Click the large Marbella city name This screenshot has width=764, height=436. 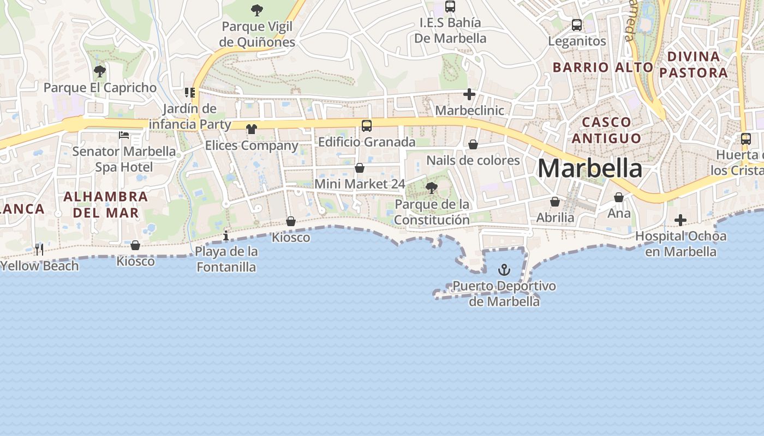click(x=590, y=168)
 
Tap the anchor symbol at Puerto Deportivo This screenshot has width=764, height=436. click(x=504, y=270)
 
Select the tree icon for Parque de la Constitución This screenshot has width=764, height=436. click(x=432, y=189)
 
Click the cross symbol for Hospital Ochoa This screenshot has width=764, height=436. click(x=680, y=220)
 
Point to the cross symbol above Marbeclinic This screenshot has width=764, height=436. click(x=469, y=94)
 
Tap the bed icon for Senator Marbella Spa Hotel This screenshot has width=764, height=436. click(x=124, y=135)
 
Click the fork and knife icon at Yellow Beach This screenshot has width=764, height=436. click(x=39, y=250)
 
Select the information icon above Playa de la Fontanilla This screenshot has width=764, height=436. click(x=226, y=235)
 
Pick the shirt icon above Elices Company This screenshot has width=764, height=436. click(x=251, y=129)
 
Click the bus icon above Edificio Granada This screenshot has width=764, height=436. click(x=367, y=126)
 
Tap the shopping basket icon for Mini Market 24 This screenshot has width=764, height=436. click(x=360, y=168)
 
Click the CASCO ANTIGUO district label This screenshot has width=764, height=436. click(x=606, y=130)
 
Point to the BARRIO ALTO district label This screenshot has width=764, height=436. click(x=602, y=67)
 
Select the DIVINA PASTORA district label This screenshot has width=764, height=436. click(x=694, y=64)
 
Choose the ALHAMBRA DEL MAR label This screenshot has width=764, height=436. click(x=105, y=204)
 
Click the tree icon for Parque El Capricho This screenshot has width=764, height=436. click(x=99, y=71)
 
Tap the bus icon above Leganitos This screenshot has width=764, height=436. click(x=577, y=25)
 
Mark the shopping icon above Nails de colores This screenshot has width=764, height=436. click(x=473, y=144)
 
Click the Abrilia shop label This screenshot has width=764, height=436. click(x=555, y=217)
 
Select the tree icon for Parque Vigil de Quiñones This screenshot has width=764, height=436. click(x=256, y=10)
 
